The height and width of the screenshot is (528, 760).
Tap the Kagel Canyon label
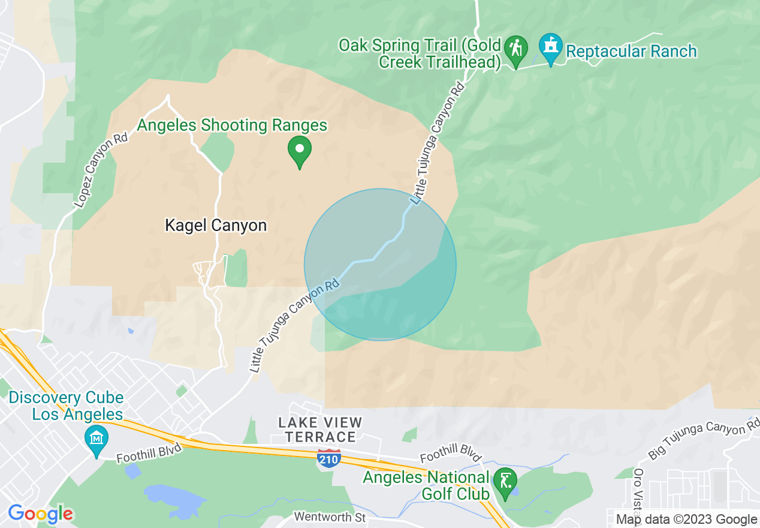pyautogui.click(x=215, y=226)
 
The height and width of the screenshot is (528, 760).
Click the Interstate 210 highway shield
pyautogui.click(x=329, y=458)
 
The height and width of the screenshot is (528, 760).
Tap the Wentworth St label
pyautogui.click(x=330, y=517)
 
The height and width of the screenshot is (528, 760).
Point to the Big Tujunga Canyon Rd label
pyautogui.click(x=704, y=443)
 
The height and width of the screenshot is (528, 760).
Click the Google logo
pyautogui.click(x=40, y=514)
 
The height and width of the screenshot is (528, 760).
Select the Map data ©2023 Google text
pyautogui.click(x=687, y=520)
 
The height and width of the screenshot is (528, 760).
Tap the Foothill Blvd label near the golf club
pyautogui.click(x=451, y=457)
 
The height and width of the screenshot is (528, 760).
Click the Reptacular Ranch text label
pyautogui.click(x=631, y=52)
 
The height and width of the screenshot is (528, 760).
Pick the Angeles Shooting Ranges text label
pyautogui.click(x=232, y=125)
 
